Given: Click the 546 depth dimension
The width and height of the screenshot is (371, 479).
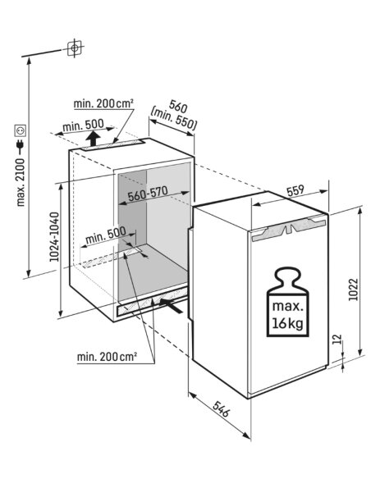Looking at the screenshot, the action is tap(221, 409).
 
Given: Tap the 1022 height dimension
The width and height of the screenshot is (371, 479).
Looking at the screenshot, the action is tap(353, 290).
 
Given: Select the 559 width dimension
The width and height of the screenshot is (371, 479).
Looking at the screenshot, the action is tap(295, 190).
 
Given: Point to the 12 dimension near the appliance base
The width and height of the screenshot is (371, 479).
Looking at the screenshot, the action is tap(337, 340).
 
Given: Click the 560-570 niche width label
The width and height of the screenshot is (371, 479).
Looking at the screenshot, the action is tap(148, 194).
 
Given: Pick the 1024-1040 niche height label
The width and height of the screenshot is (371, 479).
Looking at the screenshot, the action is tap(54, 237).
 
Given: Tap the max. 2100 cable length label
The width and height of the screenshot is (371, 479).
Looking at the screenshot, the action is tap(21, 182).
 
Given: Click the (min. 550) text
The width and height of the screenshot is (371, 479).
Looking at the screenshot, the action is tap(173, 118).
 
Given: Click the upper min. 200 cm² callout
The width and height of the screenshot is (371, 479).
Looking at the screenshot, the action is tap(103, 104).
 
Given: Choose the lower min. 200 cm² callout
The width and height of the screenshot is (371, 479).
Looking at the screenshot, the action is tap(107, 357).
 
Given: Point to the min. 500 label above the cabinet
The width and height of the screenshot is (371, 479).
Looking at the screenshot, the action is tap(83, 125).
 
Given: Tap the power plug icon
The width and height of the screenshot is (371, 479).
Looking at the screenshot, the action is tap(21, 147).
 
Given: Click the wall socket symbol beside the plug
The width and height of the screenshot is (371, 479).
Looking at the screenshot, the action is tap(21, 130).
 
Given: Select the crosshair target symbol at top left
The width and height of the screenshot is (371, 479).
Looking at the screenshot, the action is tap(74, 48).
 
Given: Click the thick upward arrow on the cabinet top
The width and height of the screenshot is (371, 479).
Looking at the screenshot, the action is tap(92, 139).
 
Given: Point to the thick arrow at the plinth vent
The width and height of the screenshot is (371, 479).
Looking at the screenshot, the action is tap(172, 305).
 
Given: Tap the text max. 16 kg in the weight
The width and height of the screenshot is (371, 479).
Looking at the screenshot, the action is tap(288, 314).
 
